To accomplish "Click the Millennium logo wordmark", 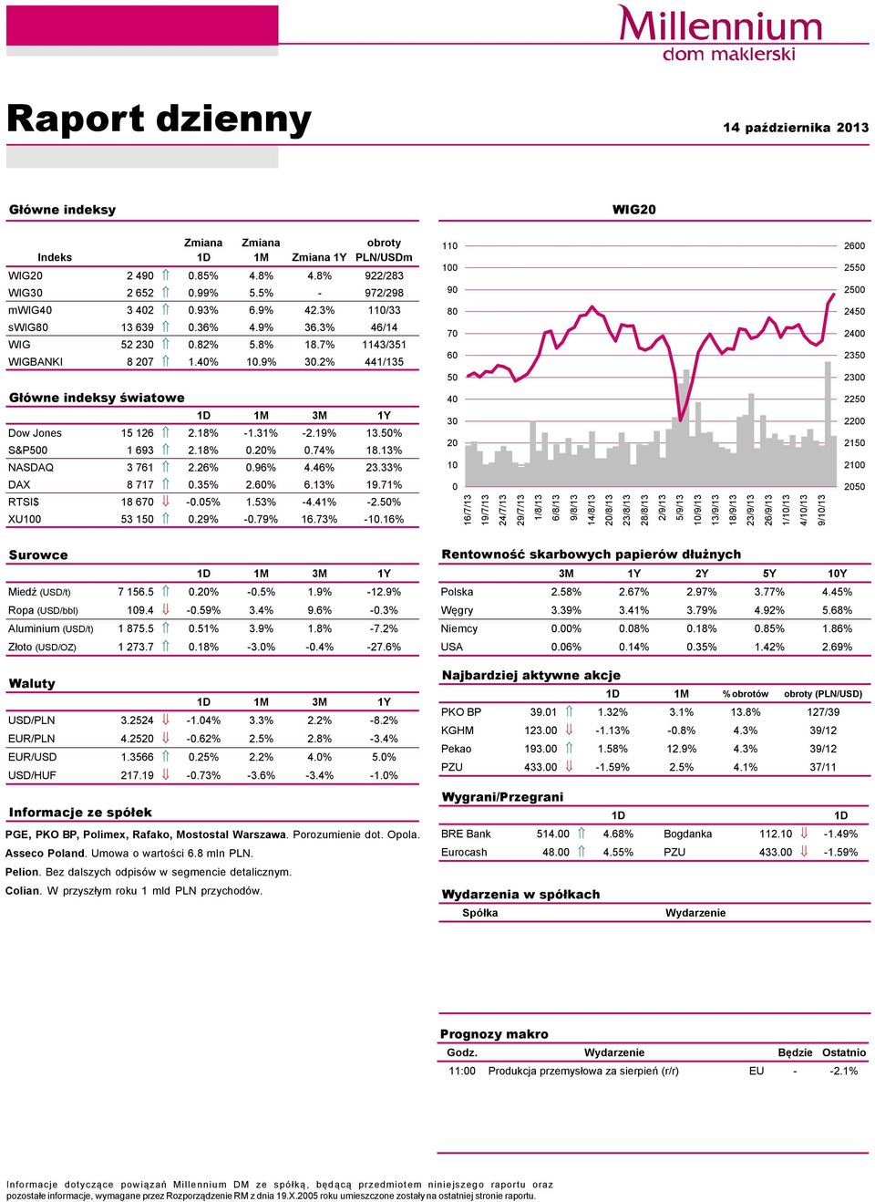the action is pos(719,24).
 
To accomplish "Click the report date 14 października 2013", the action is pos(796,128).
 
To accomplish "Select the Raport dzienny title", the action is pos(160,119).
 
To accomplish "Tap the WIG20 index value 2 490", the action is pos(140,275).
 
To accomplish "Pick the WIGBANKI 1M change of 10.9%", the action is pos(261,362).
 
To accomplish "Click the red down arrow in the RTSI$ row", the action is pos(166,502).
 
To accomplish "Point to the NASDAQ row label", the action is pos(31,467).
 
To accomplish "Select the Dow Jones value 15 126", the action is pos(138,433).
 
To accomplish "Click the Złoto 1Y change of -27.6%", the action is pos(384,648).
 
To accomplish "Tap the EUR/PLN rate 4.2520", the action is pos(138,739).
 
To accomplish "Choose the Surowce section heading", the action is pos(38,554).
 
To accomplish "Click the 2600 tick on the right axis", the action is pos(854,245).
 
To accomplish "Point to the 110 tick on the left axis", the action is pos(449,245).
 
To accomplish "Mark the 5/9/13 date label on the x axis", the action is pos(680,510).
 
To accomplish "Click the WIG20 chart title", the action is pos(634,210).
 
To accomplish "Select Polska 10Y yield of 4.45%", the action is pos(837,593).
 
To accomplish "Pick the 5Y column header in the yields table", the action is pos(769,574).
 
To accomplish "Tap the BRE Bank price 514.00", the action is pos(552,834).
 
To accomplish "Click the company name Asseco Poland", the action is pos(45,854).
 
